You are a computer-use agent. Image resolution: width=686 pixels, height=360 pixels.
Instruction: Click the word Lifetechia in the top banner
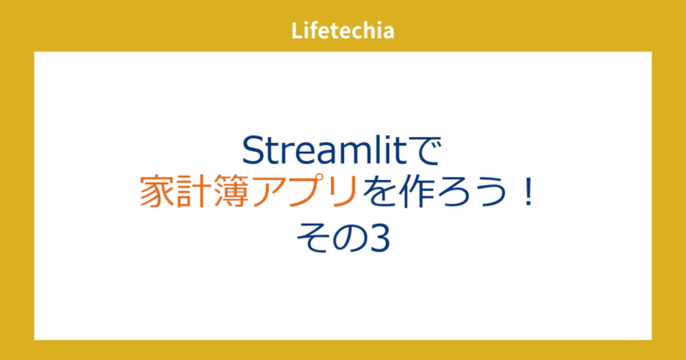pyautogui.click(x=343, y=32)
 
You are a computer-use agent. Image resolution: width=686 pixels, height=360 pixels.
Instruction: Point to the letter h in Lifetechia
pyautogui.click(x=372, y=32)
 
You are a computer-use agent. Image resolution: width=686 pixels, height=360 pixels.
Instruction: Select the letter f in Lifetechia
pyautogui.click(x=312, y=32)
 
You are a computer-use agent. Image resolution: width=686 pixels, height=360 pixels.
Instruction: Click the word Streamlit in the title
pyautogui.click(x=326, y=151)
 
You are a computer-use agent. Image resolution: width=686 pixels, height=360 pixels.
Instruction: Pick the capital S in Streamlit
pyautogui.click(x=254, y=151)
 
